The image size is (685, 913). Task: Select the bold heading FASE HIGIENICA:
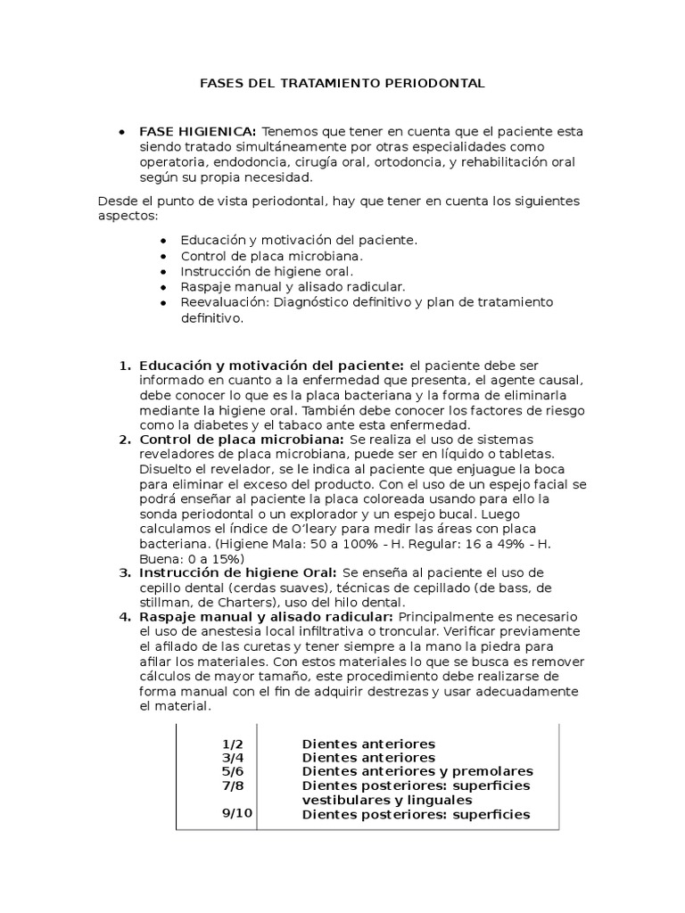click(x=197, y=130)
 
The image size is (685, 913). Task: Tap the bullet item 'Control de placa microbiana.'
click(x=265, y=256)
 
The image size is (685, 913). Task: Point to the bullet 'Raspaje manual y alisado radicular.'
click(x=293, y=286)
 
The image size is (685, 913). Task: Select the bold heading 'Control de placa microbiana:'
click(x=241, y=440)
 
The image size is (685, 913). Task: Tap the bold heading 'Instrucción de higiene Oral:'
click(x=237, y=572)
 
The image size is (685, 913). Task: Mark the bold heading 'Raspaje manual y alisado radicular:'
click(x=266, y=617)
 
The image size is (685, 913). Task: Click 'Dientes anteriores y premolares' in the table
click(x=417, y=771)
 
